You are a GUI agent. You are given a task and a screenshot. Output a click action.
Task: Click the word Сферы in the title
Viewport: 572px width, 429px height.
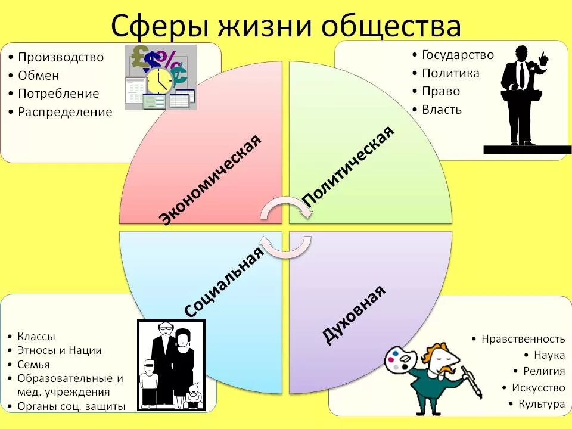156,27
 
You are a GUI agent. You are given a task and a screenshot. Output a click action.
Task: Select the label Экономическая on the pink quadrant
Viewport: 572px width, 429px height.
212,179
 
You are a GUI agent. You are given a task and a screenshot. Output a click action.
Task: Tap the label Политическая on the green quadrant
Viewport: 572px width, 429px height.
349,166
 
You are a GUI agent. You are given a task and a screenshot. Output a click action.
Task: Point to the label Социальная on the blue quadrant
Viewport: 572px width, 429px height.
224,282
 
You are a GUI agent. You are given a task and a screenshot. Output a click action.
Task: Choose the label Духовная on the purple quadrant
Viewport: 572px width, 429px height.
354,315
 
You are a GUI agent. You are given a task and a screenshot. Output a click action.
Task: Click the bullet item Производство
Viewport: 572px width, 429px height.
61,57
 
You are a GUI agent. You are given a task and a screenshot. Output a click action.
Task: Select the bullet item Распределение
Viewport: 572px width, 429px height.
65,112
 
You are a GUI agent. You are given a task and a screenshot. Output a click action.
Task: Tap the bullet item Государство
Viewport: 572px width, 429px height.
458,55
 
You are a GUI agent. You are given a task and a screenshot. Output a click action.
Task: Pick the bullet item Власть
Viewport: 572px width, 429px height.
442,110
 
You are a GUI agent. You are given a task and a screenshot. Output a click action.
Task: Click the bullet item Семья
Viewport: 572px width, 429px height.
33,364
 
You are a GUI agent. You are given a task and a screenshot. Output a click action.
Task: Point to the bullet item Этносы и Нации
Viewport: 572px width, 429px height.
60,350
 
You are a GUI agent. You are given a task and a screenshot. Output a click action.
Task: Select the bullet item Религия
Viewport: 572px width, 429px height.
544,371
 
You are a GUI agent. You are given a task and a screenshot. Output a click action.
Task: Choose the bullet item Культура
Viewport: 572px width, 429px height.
541,404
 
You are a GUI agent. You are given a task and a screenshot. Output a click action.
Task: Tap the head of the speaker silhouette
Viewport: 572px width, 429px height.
521,52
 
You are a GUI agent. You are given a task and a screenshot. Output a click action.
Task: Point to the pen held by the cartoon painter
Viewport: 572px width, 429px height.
473,381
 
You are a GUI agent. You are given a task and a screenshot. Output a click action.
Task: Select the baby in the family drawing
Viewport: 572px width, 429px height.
192,393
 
